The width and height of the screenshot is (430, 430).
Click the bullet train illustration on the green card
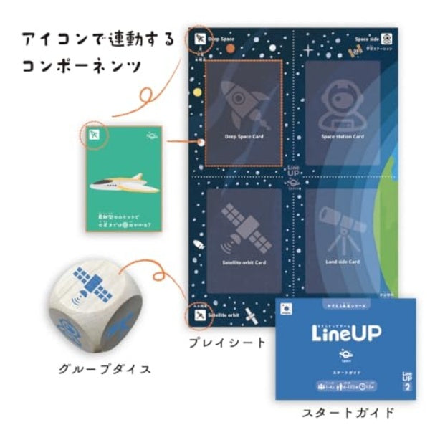tap(122, 185)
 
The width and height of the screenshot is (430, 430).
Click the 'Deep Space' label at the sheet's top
tap(221, 39)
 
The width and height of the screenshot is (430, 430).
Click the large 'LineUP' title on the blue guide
tap(345, 334)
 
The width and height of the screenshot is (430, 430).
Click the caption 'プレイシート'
tap(226, 342)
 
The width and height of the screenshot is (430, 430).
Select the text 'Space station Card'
tap(342, 136)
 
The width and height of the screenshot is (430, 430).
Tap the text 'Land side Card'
tap(342, 262)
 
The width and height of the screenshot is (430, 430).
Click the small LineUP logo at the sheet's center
tap(292, 173)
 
